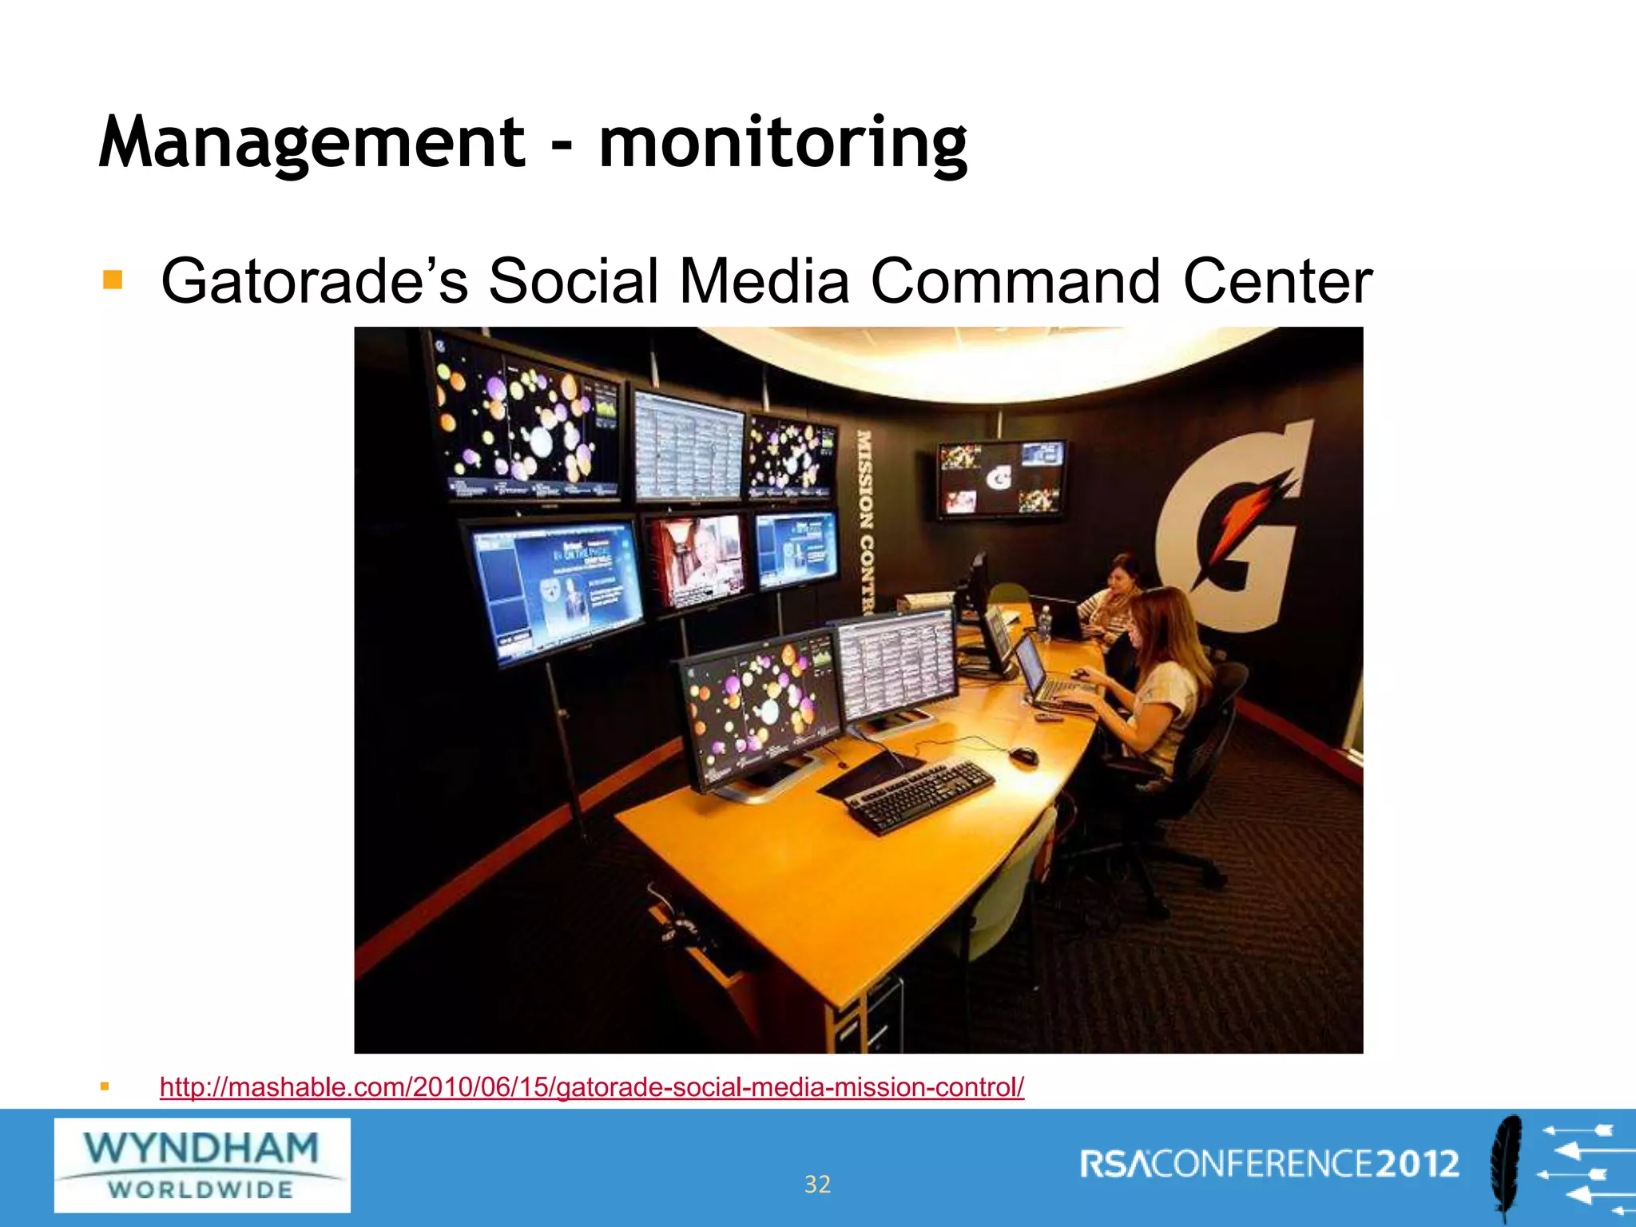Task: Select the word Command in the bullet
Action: pos(1015,281)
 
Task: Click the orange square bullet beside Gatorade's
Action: pos(113,280)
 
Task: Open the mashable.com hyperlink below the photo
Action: pos(591,1087)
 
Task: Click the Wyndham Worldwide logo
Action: pos(202,1165)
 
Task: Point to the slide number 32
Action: pos(817,1184)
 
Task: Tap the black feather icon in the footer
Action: pos(1507,1168)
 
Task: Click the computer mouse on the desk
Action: pos(1023,755)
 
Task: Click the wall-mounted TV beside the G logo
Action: pos(1002,478)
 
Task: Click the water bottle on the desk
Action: pos(1044,623)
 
